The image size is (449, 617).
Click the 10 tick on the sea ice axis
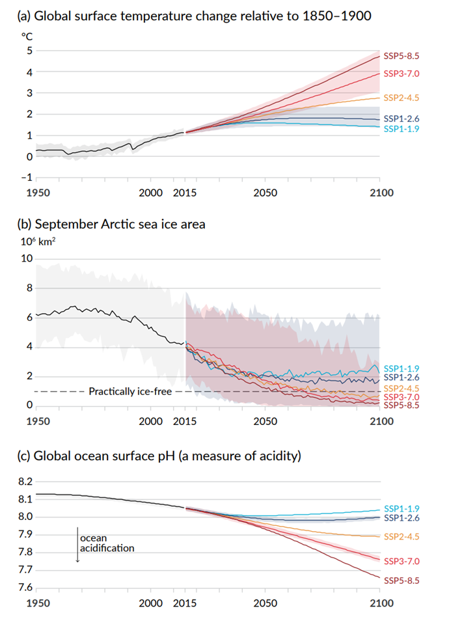click(27, 258)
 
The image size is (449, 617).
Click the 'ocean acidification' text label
click(107, 543)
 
